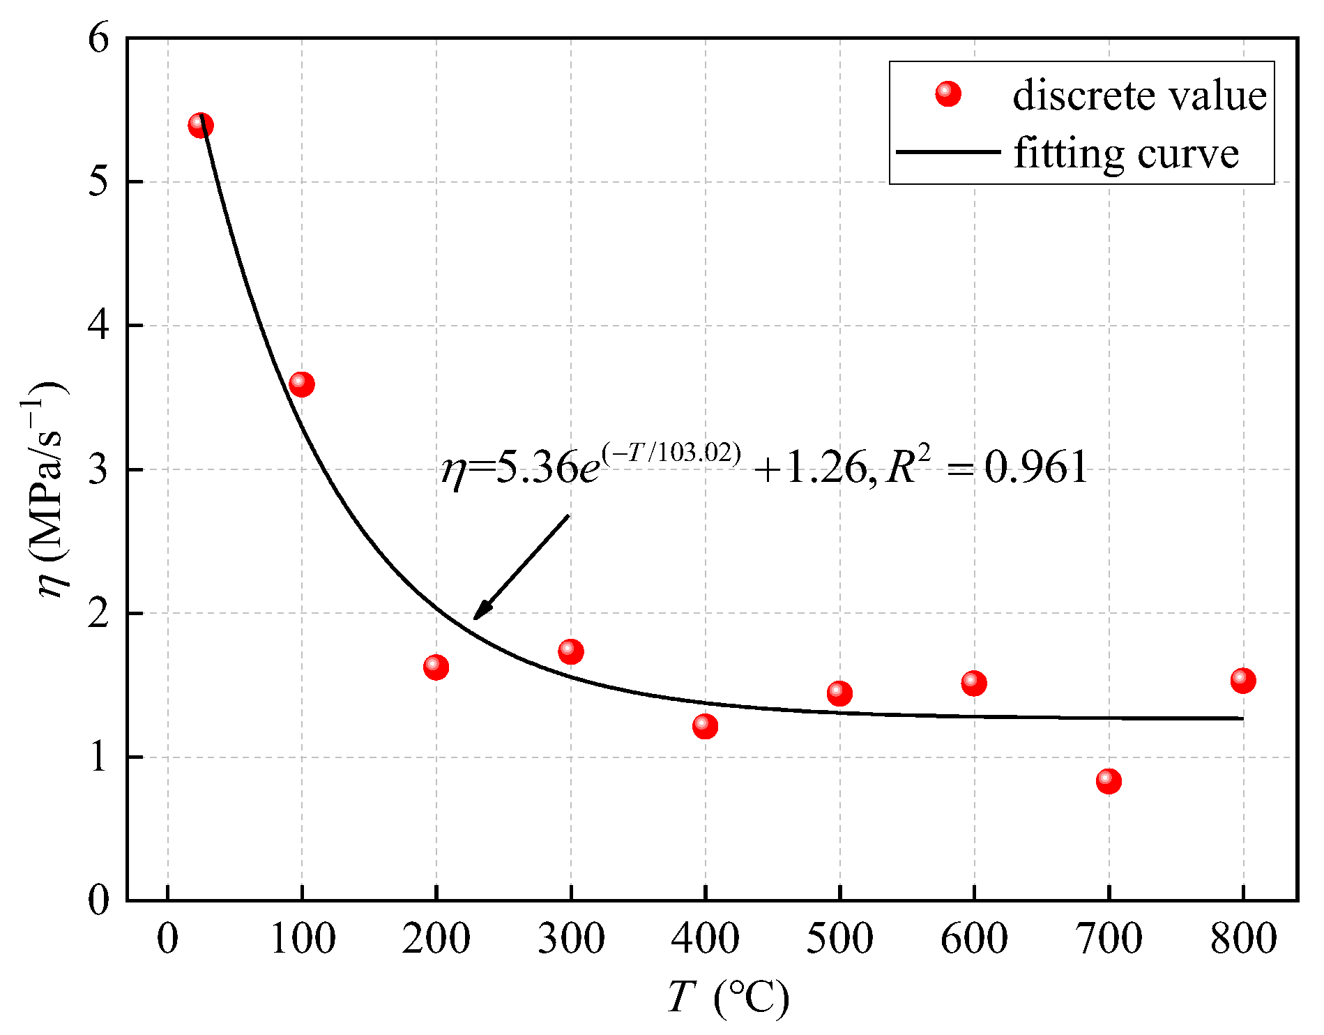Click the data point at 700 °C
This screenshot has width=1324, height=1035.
click(x=1109, y=781)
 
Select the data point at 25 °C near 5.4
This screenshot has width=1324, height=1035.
click(x=201, y=126)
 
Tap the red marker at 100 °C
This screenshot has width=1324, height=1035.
click(x=301, y=384)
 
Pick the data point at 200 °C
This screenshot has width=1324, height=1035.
click(x=436, y=667)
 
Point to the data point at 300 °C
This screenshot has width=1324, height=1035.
click(x=570, y=651)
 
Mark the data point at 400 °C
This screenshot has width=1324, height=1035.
click(x=705, y=726)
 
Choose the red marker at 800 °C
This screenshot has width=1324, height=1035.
click(x=1243, y=680)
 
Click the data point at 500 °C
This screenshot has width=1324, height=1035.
click(x=839, y=693)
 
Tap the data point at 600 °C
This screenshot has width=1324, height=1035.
click(x=974, y=683)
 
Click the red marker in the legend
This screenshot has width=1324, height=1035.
click(x=948, y=93)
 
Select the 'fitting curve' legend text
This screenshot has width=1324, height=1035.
click(x=1126, y=153)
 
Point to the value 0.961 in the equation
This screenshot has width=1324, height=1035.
click(x=1036, y=467)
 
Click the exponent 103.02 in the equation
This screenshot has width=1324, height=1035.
click(x=698, y=453)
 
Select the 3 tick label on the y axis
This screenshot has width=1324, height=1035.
click(x=100, y=469)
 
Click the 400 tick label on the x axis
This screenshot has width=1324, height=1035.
click(x=705, y=939)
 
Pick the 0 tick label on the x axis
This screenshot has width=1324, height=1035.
click(x=167, y=939)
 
